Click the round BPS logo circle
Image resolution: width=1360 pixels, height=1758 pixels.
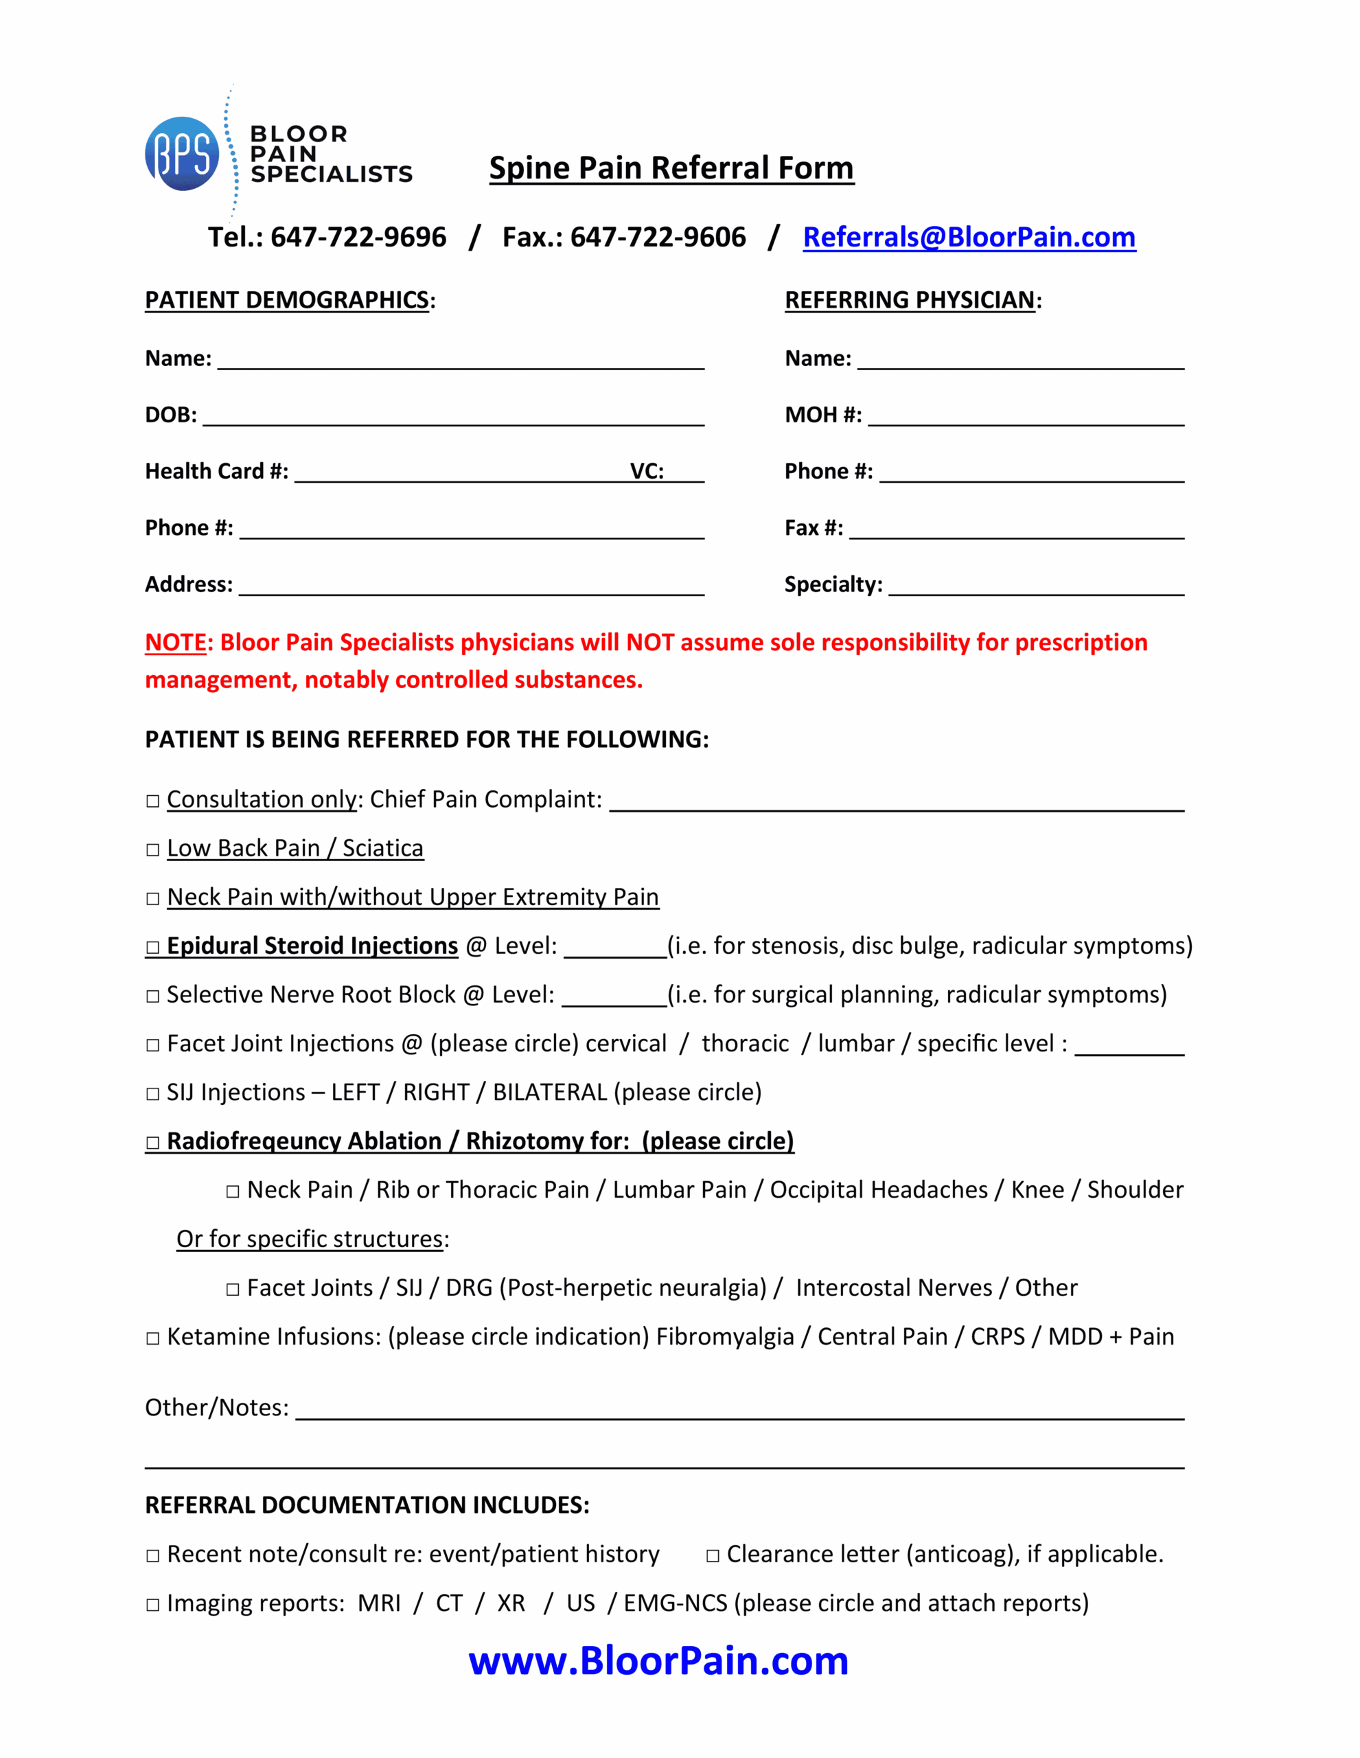point(182,154)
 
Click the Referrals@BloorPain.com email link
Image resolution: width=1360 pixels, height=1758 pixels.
point(969,237)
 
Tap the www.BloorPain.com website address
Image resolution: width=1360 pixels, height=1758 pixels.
point(658,1660)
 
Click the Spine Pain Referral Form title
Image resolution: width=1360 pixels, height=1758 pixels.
point(671,168)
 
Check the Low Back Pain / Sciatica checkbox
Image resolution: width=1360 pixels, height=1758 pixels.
point(153,850)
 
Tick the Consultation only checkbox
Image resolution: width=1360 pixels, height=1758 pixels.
point(153,801)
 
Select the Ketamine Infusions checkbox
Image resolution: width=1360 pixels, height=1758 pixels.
point(153,1338)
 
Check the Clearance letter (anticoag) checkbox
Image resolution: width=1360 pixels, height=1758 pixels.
point(712,1556)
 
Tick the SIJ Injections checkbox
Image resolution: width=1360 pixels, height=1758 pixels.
point(153,1094)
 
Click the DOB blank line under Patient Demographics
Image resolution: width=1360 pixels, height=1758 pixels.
point(452,416)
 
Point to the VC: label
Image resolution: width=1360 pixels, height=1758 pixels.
point(646,472)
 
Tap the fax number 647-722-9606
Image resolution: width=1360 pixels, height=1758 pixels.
point(658,237)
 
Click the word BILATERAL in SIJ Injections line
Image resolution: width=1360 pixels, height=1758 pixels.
point(550,1093)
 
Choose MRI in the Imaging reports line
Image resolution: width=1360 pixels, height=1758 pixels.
point(379,1603)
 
